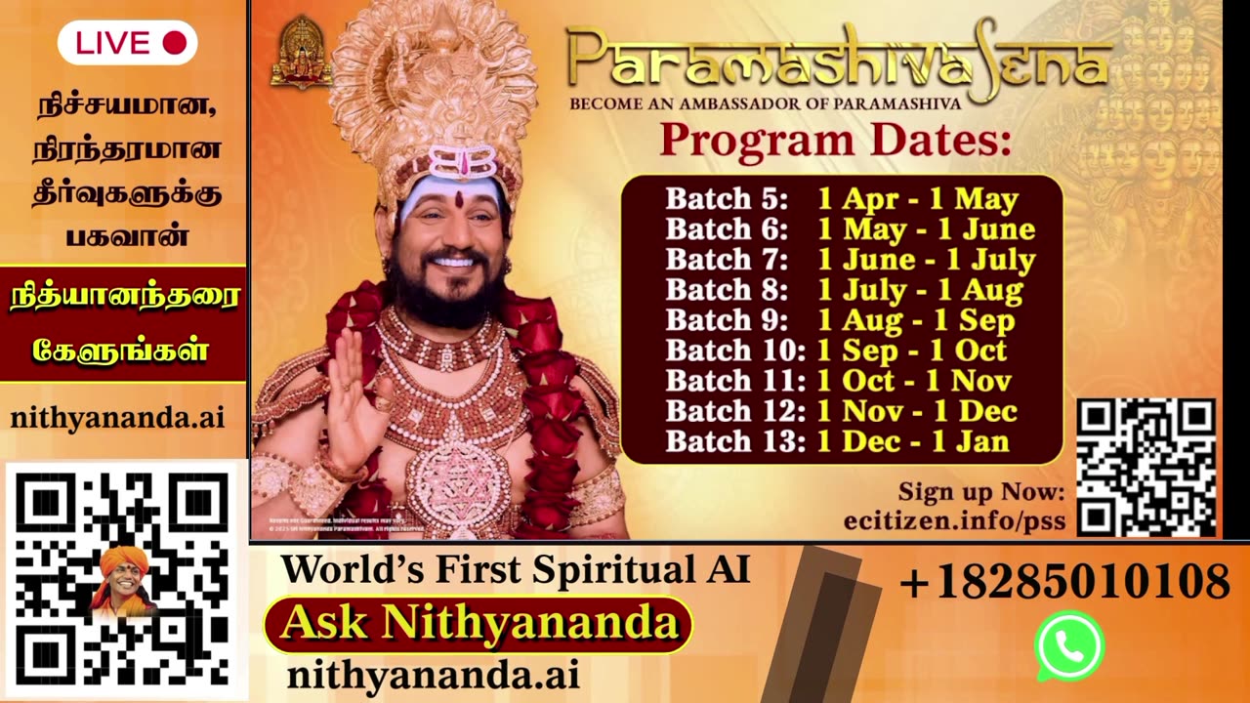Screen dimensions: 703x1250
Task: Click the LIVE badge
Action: (x=128, y=43)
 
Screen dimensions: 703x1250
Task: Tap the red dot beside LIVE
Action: (x=174, y=43)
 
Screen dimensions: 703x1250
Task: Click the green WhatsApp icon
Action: (x=1069, y=646)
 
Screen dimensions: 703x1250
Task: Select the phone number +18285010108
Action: (x=1063, y=583)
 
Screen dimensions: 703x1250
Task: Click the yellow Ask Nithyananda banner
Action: (x=479, y=624)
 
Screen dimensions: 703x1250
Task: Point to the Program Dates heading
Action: (x=835, y=142)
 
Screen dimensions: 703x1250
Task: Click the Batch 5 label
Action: (x=727, y=199)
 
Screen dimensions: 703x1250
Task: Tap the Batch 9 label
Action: (x=727, y=320)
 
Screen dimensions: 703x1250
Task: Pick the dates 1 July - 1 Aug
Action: (x=920, y=290)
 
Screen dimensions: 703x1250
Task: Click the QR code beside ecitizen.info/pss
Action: (x=1146, y=467)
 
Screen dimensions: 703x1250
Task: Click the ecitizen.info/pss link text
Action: (x=954, y=519)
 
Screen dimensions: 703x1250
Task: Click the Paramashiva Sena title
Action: (x=837, y=62)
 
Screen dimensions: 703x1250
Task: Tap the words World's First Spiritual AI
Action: (x=516, y=569)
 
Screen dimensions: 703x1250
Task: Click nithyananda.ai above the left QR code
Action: (x=118, y=418)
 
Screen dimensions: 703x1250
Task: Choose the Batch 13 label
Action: (x=734, y=441)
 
